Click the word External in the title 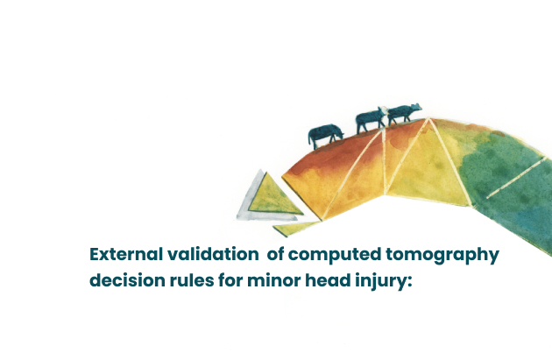pyautogui.click(x=126, y=254)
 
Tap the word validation pyautogui.click(x=213, y=254)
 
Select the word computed pyautogui.click(x=335, y=255)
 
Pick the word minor pyautogui.click(x=274, y=281)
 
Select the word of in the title pyautogui.click(x=276, y=254)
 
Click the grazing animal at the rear pyautogui.click(x=325, y=135)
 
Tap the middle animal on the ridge pyautogui.click(x=371, y=120)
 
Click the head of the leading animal pyautogui.click(x=416, y=107)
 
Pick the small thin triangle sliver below pyautogui.click(x=295, y=229)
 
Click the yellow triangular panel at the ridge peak pyautogui.click(x=428, y=166)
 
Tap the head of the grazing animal pyautogui.click(x=339, y=133)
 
